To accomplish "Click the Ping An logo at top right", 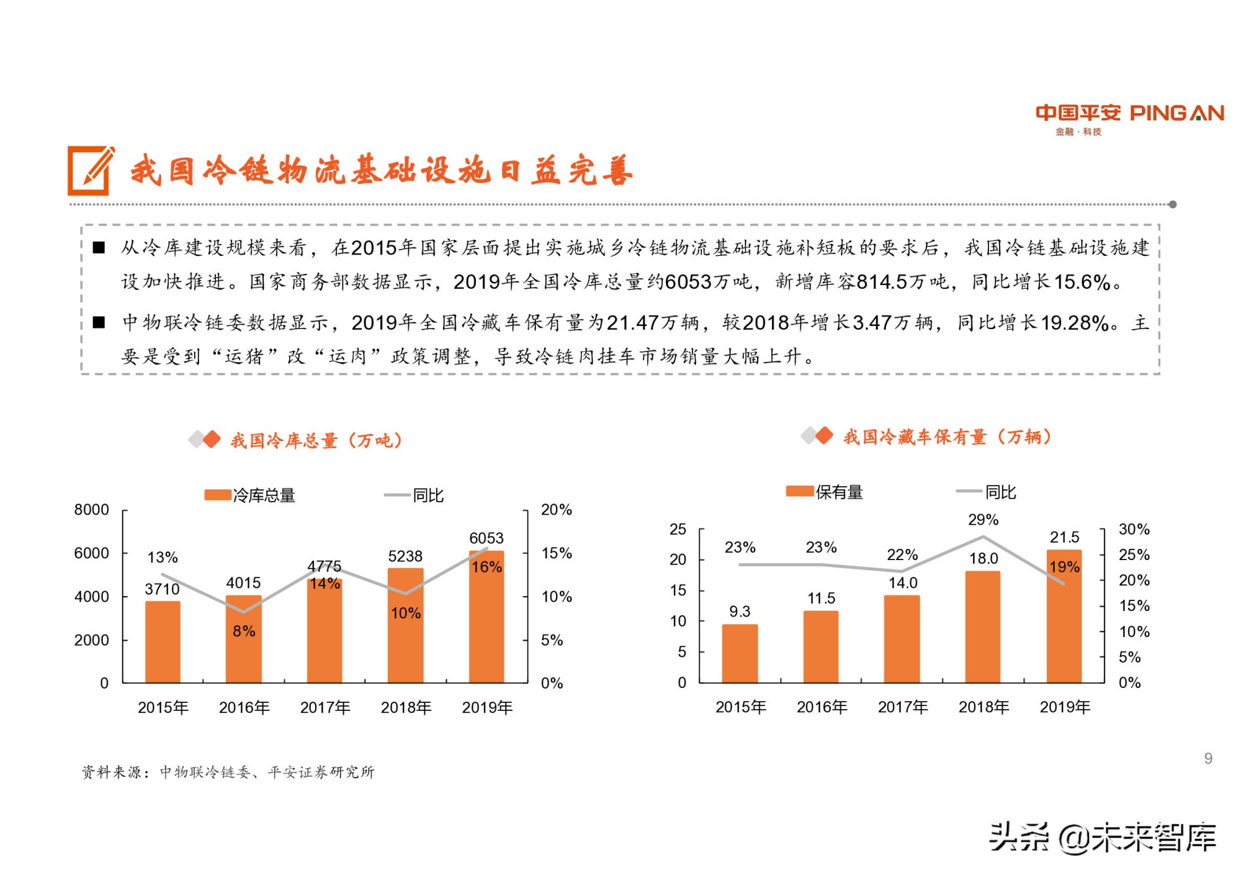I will coord(1129,118).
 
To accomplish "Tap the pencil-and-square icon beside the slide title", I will coord(91,171).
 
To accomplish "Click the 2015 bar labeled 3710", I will coord(163,643).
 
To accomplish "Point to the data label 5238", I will coord(405,556).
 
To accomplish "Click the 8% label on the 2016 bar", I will coord(244,631).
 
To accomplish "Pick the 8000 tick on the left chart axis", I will coord(91,510).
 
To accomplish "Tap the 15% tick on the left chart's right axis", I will coord(556,553).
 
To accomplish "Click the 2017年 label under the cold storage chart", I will coord(325,707).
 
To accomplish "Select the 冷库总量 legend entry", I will coord(251,495).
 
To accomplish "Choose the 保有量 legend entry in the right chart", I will coord(825,492).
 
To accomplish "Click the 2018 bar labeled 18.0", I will coord(983,627).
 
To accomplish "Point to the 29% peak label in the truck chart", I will coord(983,520).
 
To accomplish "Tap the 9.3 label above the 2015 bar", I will coord(740,612).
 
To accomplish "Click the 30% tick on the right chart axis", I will coord(1134,529).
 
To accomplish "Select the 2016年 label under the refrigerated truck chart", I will coord(822,707).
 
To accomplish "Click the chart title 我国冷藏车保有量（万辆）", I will coord(947,437).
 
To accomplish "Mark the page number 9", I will coord(1208,758).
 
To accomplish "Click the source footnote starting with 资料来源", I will coord(228,772).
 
